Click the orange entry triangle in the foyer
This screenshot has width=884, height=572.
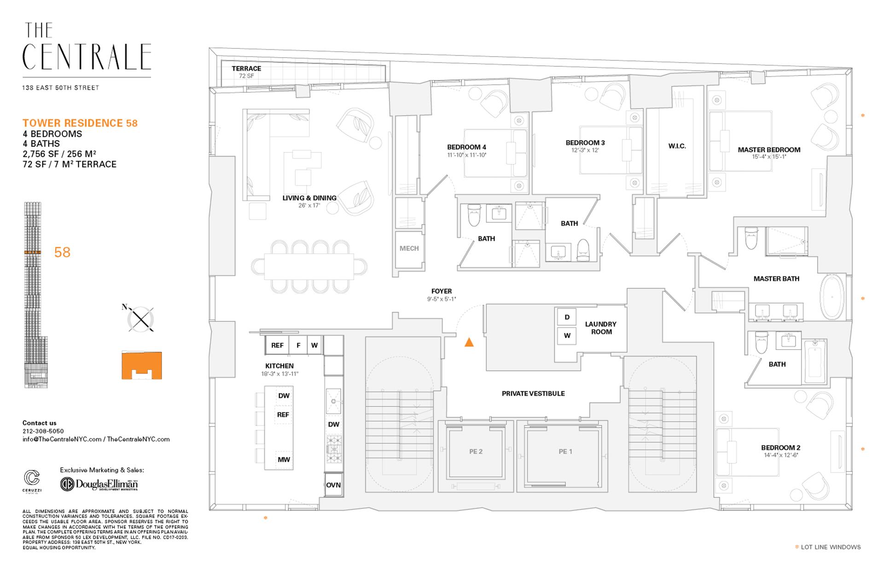pyautogui.click(x=469, y=342)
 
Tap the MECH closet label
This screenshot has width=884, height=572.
pyautogui.click(x=409, y=248)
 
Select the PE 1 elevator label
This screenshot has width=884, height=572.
pyautogui.click(x=565, y=451)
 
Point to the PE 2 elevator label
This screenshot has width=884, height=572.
pyautogui.click(x=476, y=451)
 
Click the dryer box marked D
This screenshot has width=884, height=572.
pyautogui.click(x=567, y=317)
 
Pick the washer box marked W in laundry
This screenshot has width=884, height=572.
pyautogui.click(x=567, y=336)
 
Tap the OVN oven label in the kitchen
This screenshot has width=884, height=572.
pyautogui.click(x=333, y=485)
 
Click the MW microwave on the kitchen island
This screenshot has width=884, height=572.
pyautogui.click(x=284, y=460)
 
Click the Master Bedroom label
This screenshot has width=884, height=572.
pyautogui.click(x=769, y=150)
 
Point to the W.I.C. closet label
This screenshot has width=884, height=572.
pyautogui.click(x=677, y=146)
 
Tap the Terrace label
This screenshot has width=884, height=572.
pyautogui.click(x=246, y=69)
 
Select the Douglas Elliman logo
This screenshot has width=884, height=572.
pyautogui.click(x=99, y=484)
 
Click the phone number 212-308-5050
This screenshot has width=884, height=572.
pyautogui.click(x=43, y=431)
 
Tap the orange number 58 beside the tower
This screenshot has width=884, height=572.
pyautogui.click(x=62, y=252)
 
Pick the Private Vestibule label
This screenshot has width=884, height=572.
pyautogui.click(x=533, y=393)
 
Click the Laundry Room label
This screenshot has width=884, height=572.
pyautogui.click(x=601, y=328)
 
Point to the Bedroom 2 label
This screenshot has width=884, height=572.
pyautogui.click(x=780, y=448)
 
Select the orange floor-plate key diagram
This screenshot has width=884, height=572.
pyautogui.click(x=142, y=365)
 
